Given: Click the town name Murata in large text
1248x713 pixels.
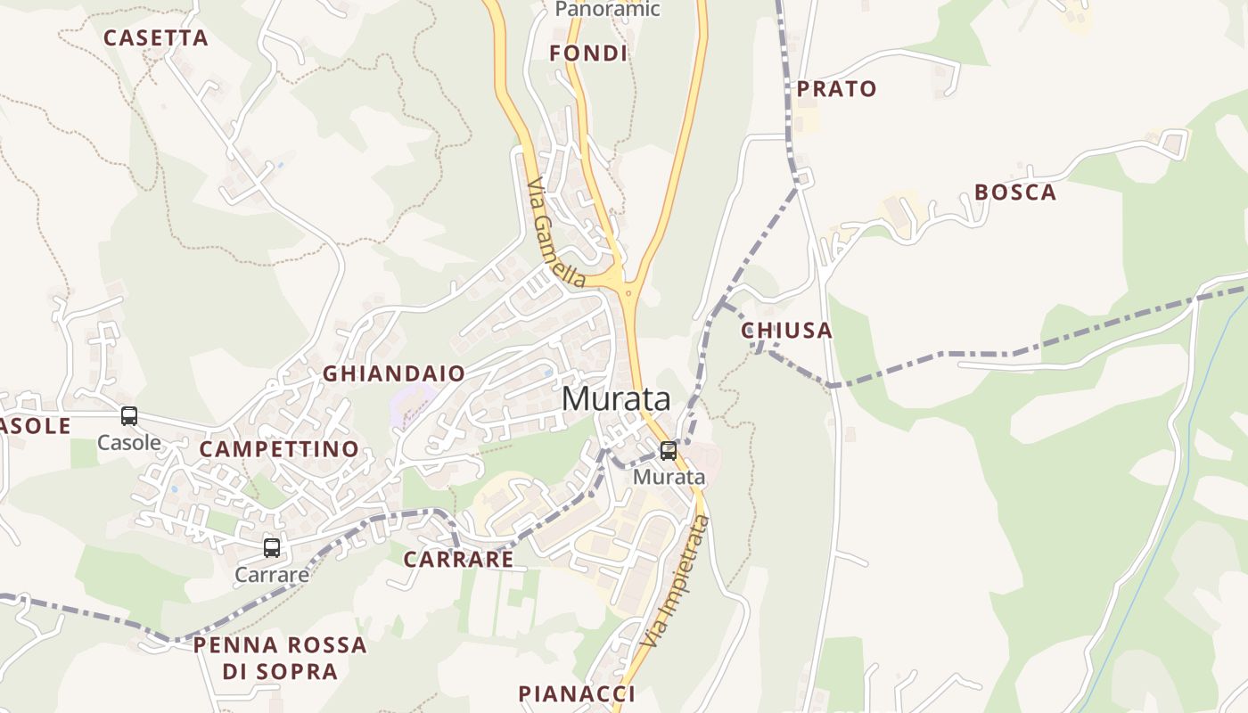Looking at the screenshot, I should [x=616, y=398].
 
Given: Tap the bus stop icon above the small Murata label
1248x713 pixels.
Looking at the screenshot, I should [x=668, y=451].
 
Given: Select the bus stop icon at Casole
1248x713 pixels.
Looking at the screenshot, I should [x=129, y=416].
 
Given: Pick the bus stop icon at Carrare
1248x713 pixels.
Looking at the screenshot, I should [x=272, y=548].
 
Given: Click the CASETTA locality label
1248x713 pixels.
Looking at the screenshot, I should [x=156, y=38].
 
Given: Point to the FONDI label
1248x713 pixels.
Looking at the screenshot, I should [x=588, y=53].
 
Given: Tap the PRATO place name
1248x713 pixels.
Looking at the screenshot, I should [x=837, y=89].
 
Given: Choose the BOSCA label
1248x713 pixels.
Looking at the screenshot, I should [x=1015, y=193].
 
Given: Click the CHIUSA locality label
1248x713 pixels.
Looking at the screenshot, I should [x=787, y=331].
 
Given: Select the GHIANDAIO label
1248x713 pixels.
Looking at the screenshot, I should [x=394, y=373].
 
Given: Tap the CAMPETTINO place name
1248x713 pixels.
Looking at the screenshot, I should [x=279, y=449].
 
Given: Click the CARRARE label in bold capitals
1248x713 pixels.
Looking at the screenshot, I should [x=458, y=560].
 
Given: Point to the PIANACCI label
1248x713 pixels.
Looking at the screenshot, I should [x=577, y=693].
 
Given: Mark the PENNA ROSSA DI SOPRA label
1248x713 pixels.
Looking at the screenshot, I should [x=280, y=658].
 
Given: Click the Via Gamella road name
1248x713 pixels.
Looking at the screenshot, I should [x=556, y=234].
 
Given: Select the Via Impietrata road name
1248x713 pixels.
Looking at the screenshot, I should [x=676, y=582].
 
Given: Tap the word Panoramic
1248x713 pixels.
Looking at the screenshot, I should [x=607, y=10].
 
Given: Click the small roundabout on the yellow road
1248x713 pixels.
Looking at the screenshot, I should [x=629, y=292].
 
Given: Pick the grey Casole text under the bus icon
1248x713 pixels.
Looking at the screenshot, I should [x=129, y=442].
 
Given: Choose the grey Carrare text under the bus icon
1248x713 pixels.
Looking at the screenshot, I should [x=272, y=575].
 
